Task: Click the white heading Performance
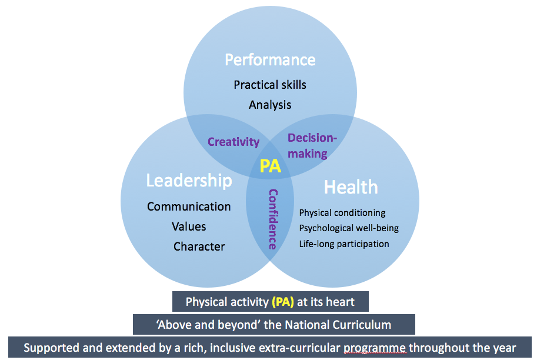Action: click(x=270, y=60)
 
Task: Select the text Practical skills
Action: click(x=270, y=85)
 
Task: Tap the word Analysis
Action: click(x=270, y=105)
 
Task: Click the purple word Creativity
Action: click(x=234, y=142)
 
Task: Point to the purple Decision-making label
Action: click(x=312, y=145)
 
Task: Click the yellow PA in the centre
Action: click(x=270, y=166)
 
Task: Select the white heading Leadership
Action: click(x=189, y=181)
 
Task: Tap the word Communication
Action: click(x=189, y=206)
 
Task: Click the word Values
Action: click(x=189, y=226)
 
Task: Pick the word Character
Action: click(x=199, y=246)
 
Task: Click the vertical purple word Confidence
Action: click(x=273, y=219)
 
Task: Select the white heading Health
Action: click(x=351, y=188)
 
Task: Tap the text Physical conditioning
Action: click(x=342, y=213)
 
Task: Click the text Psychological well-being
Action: click(x=349, y=228)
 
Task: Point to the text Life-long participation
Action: click(x=344, y=244)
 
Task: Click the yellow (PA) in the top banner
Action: click(x=282, y=302)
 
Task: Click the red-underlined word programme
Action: click(x=375, y=348)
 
